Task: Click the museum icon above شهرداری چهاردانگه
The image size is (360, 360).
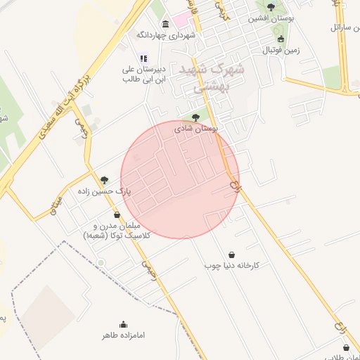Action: [165, 24]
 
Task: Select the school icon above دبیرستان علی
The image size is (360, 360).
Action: [143, 59]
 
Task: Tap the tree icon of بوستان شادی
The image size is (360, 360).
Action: [195, 118]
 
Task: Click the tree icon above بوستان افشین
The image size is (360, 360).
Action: [271, 7]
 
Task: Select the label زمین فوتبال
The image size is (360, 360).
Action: [281, 51]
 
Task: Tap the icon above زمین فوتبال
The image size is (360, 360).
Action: [281, 39]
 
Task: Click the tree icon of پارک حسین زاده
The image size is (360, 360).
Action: [105, 180]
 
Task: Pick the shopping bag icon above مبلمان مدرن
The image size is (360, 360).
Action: [117, 215]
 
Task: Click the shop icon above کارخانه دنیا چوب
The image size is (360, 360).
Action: [232, 255]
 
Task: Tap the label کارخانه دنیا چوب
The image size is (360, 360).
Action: [232, 266]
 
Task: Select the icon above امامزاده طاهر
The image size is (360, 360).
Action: [124, 324]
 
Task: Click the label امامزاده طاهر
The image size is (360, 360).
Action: [124, 335]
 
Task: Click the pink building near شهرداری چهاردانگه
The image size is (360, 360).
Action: [181, 18]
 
